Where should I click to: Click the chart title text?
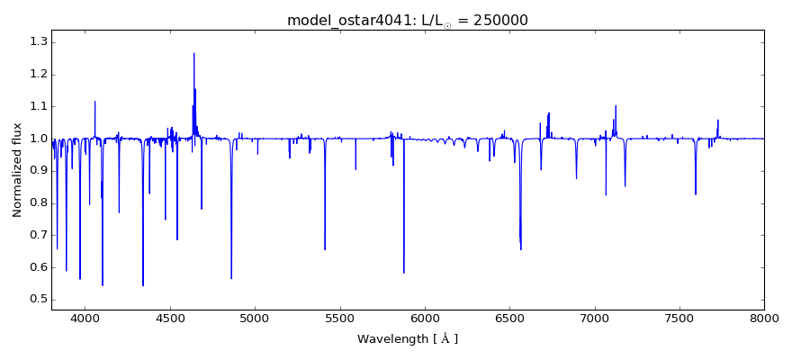pyautogui.click(x=408, y=20)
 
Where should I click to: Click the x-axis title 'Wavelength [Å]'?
pyautogui.click(x=408, y=339)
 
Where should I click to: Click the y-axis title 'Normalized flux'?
pyautogui.click(x=17, y=170)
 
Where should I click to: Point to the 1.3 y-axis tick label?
pyautogui.click(x=38, y=41)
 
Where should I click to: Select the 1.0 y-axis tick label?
pyautogui.click(x=38, y=139)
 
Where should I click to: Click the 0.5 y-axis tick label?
pyautogui.click(x=38, y=300)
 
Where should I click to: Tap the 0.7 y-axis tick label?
pyautogui.click(x=38, y=235)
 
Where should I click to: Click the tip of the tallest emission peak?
pyautogui.click(x=193, y=53)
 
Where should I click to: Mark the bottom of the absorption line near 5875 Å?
pyautogui.click(x=403, y=273)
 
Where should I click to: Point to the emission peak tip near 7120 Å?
pyautogui.click(x=616, y=105)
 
